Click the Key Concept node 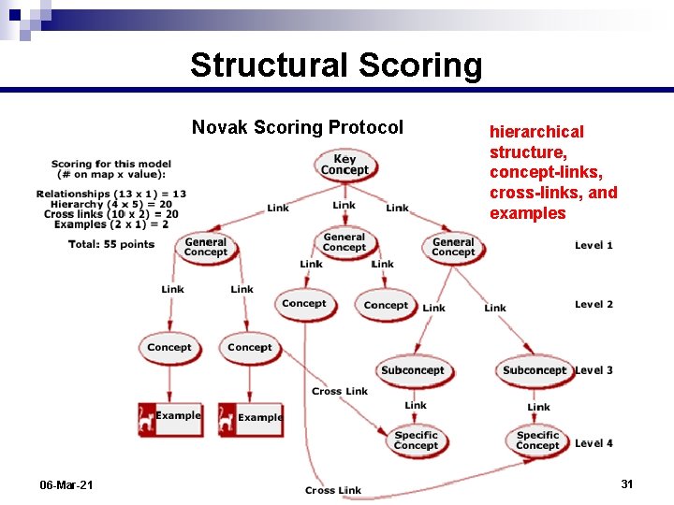(344, 166)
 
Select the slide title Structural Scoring (336, 65)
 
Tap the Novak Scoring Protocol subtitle (298, 127)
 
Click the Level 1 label (593, 245)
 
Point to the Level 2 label (593, 304)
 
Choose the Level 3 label (593, 370)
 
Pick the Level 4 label (593, 442)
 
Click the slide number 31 (627, 483)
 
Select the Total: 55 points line (110, 244)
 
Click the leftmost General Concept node (206, 247)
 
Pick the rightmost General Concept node (453, 247)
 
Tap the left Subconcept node (412, 370)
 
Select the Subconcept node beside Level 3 (534, 370)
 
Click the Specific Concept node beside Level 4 (537, 440)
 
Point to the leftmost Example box (169, 416)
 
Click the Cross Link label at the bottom (332, 490)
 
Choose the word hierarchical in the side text (536, 132)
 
